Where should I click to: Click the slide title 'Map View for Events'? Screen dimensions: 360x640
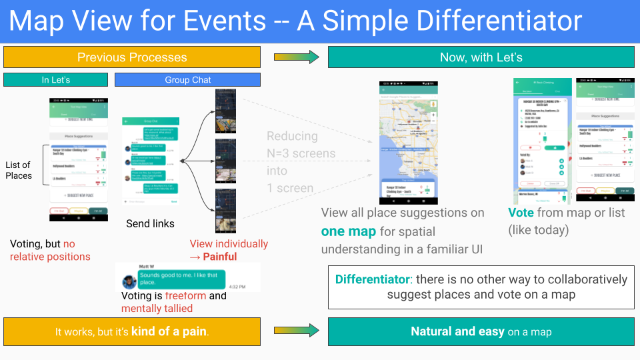(x=137, y=21)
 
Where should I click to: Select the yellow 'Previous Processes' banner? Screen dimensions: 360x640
(x=131, y=57)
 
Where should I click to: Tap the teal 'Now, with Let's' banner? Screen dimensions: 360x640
(x=481, y=57)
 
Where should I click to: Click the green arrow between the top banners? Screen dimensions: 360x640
(x=293, y=57)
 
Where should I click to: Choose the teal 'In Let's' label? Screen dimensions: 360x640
(x=56, y=80)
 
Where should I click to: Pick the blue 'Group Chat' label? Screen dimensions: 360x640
(x=187, y=80)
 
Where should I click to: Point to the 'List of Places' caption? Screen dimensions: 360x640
(x=19, y=170)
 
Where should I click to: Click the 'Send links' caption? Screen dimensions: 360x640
(x=150, y=223)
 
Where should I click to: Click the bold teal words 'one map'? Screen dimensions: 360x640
(x=348, y=231)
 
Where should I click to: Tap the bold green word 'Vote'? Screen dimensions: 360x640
(x=520, y=213)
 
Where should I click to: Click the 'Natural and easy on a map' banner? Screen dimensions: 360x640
(x=481, y=331)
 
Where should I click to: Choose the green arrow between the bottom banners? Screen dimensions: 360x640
(x=293, y=330)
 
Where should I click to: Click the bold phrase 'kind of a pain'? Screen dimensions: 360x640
(x=169, y=331)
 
